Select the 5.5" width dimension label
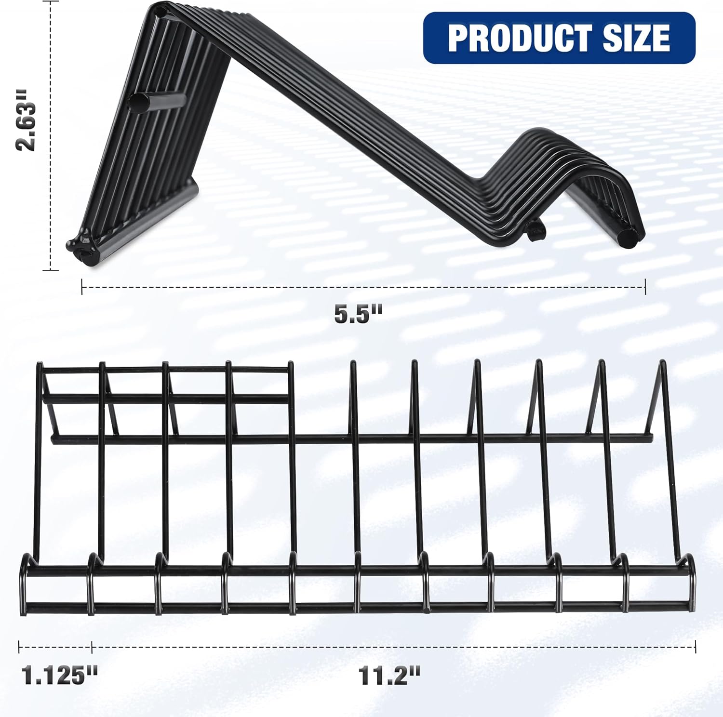[x=358, y=314]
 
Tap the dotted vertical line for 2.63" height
[x=51, y=135]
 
